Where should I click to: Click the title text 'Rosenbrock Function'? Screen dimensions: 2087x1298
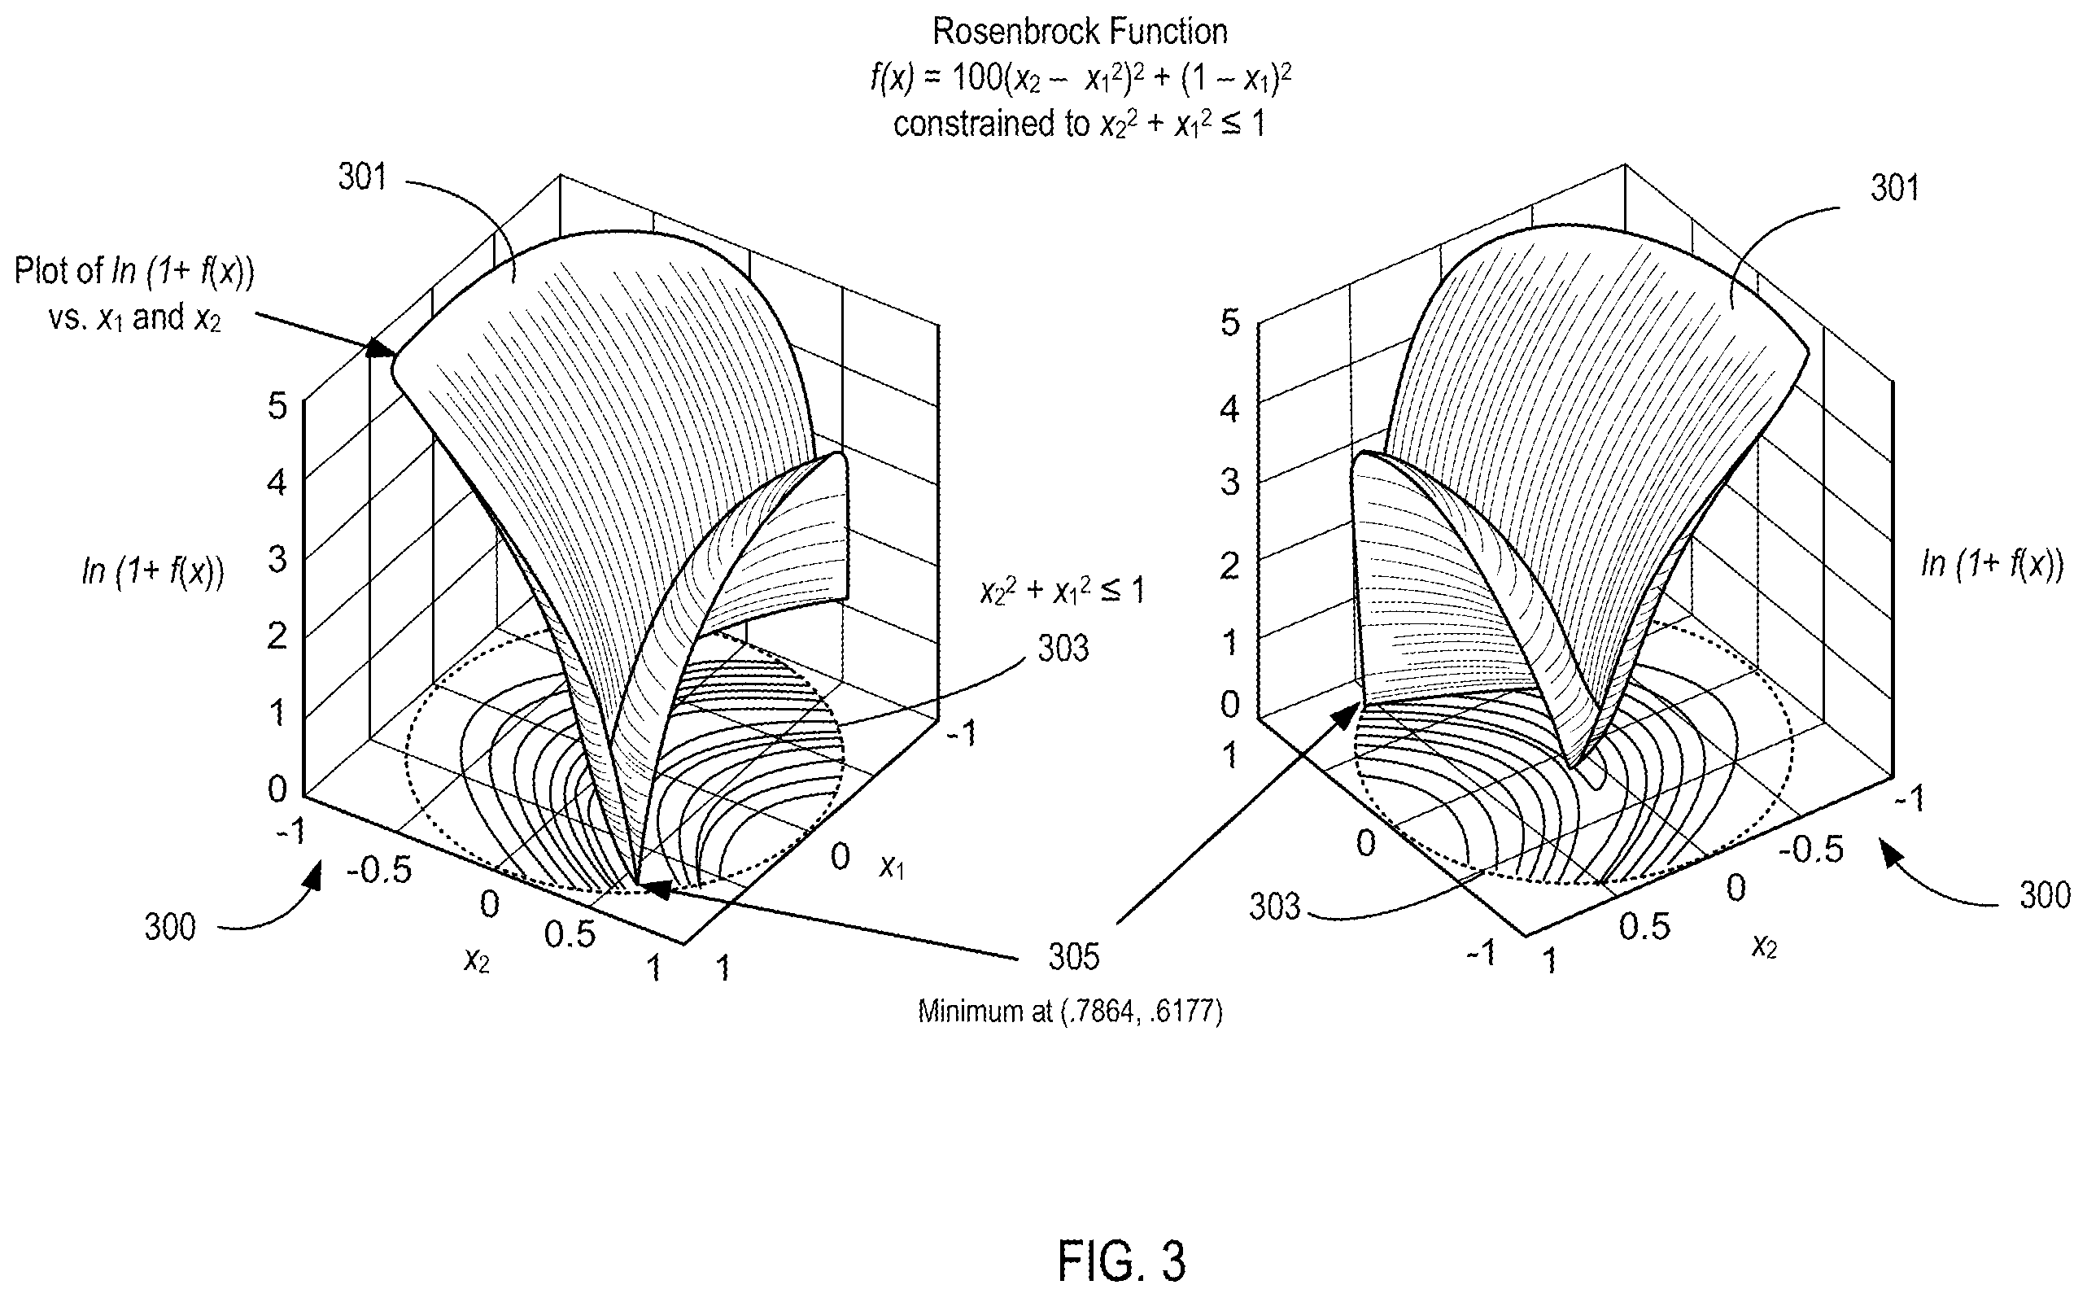click(x=1080, y=32)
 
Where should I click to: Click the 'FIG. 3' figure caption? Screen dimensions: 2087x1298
click(x=1121, y=1260)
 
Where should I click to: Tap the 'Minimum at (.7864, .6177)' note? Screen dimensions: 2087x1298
click(x=1070, y=1012)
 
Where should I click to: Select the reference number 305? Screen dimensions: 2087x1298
click(x=1073, y=956)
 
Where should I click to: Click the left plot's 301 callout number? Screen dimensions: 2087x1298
click(x=362, y=177)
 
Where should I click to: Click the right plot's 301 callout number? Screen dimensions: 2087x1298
click(x=1895, y=188)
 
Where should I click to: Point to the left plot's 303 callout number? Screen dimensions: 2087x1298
click(x=1063, y=648)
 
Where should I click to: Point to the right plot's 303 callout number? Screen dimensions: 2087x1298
click(x=1274, y=907)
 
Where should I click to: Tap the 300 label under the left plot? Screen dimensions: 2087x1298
click(x=170, y=927)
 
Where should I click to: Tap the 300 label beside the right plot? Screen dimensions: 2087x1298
click(x=2045, y=895)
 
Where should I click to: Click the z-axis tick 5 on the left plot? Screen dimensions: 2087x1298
click(x=277, y=405)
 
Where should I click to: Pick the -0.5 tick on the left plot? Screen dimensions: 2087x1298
click(x=379, y=871)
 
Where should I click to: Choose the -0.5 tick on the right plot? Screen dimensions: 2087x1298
click(x=1810, y=849)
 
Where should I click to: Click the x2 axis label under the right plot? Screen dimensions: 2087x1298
click(x=1763, y=945)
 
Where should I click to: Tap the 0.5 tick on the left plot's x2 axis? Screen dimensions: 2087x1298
click(x=570, y=934)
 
